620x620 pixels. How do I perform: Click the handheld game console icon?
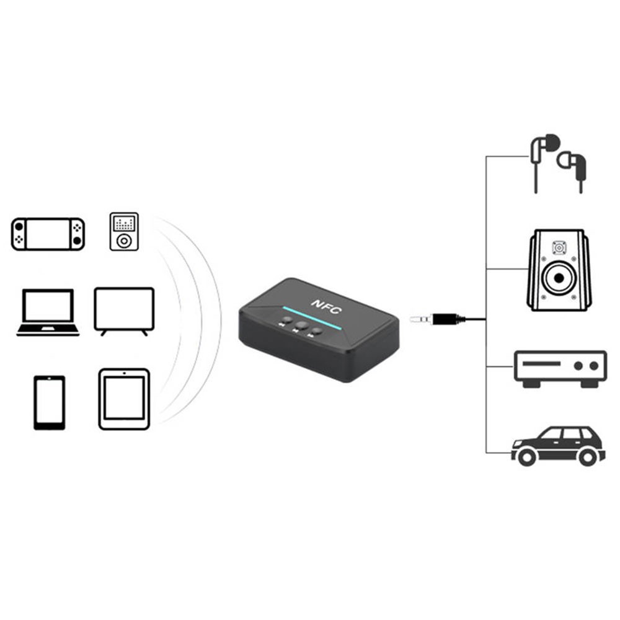point(48,234)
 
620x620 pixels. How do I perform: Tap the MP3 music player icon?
point(124,231)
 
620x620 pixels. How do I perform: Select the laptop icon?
point(48,312)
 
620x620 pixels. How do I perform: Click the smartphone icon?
point(49,402)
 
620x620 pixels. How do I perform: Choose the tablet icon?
point(124,399)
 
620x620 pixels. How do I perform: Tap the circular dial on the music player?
point(124,240)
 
